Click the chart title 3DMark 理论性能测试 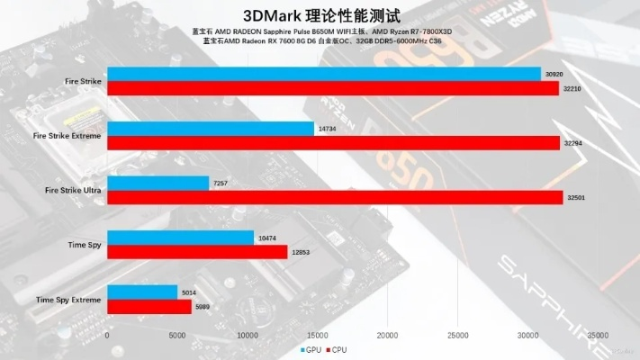coord(320,15)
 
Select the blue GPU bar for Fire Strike coord(324,74)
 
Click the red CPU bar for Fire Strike coord(333,87)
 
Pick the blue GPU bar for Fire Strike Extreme coord(211,129)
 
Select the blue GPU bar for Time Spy coord(181,238)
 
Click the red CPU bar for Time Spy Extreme coord(149,306)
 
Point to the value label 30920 coord(554,74)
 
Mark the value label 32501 coord(576,197)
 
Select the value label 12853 coord(301,252)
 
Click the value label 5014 coord(190,292)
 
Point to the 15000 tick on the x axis coord(317,335)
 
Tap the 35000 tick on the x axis coord(597,335)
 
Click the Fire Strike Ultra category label coord(73,191)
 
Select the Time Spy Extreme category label coord(68,299)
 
